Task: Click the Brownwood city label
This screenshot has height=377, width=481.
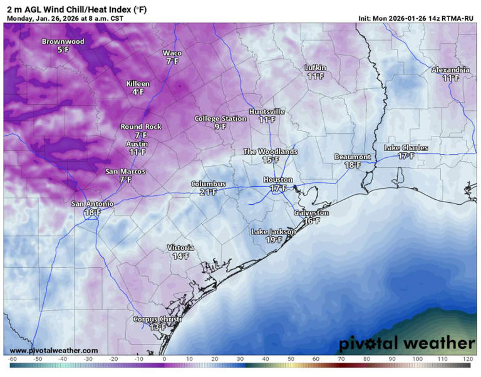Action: pos(63,41)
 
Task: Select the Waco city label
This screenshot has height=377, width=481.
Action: pos(172,53)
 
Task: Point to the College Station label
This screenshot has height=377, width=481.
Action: pos(220,118)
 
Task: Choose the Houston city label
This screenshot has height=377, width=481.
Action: pos(278,180)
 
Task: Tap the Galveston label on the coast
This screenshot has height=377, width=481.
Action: pos(311,213)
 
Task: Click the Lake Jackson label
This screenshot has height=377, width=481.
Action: pos(273,232)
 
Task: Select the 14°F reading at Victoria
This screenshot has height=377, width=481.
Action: pos(180,256)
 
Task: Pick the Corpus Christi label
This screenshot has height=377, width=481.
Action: pos(158,319)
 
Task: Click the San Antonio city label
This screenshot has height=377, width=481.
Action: pos(92,204)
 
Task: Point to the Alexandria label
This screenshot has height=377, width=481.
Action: pos(450,70)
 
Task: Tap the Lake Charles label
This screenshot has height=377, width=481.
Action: pos(406,148)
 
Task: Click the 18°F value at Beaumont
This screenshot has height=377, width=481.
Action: pos(352,165)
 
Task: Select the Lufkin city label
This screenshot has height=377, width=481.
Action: pos(315,68)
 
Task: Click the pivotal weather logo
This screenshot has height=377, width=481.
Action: pos(407,344)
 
